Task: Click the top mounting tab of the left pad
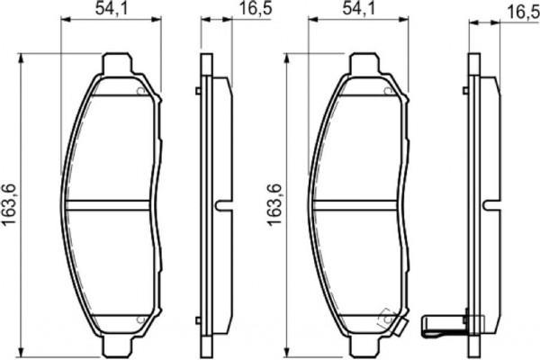115,65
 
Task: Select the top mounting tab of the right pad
362,65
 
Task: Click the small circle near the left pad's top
139,90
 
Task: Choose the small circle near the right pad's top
387,90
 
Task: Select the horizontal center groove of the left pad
110,204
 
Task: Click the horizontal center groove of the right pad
358,204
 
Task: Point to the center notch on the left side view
219,203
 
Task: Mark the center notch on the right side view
490,203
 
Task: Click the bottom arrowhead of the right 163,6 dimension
286,349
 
